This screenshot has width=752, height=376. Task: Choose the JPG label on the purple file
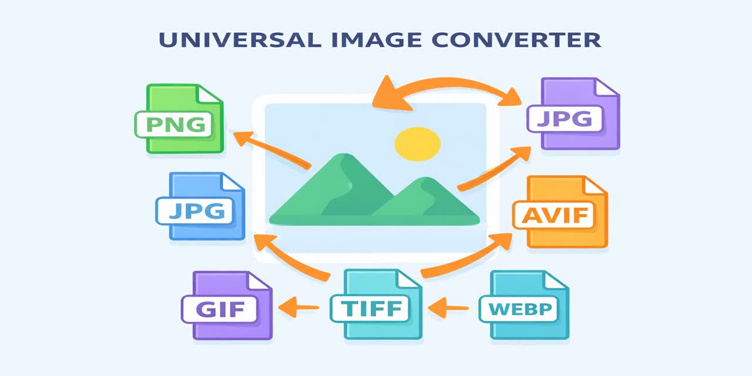click(565, 119)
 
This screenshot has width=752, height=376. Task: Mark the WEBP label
click(517, 308)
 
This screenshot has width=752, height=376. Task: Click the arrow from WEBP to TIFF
click(449, 306)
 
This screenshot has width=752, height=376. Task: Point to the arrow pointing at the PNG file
click(270, 150)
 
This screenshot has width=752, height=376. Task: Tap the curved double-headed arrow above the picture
click(446, 87)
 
